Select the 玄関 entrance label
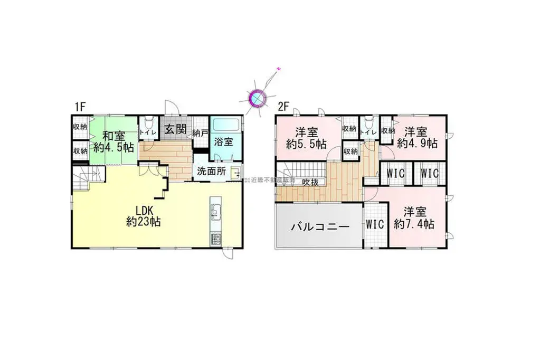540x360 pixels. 173,129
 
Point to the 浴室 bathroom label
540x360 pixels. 224,141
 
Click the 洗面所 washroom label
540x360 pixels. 211,171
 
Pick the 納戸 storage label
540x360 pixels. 200,132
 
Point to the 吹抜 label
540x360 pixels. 310,182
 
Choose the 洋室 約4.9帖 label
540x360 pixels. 416,137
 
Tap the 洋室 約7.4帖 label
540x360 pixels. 415,218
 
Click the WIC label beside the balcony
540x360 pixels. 375,224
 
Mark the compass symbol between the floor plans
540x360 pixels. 258,98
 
